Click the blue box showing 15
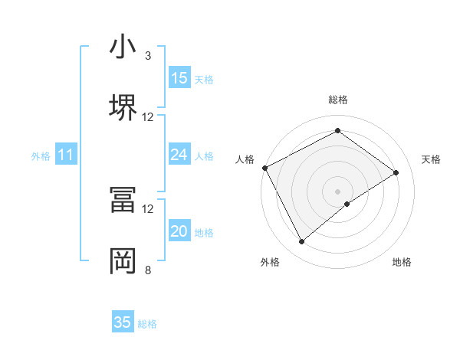tap(179, 77)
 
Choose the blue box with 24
tap(179, 155)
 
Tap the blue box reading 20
tap(179, 231)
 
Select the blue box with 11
tap(65, 155)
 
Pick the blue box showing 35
tap(123, 322)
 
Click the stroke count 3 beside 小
tap(148, 56)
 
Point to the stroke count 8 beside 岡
tap(148, 270)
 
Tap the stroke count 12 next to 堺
tap(148, 116)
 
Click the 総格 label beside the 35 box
tap(147, 324)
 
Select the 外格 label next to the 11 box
tap(40, 156)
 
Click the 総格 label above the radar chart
tap(337, 100)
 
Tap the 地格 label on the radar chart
tap(402, 262)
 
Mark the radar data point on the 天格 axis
tap(396, 172)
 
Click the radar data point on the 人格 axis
tap(264, 167)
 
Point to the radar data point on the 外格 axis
tap(301, 242)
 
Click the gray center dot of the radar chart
tap(337, 191)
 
